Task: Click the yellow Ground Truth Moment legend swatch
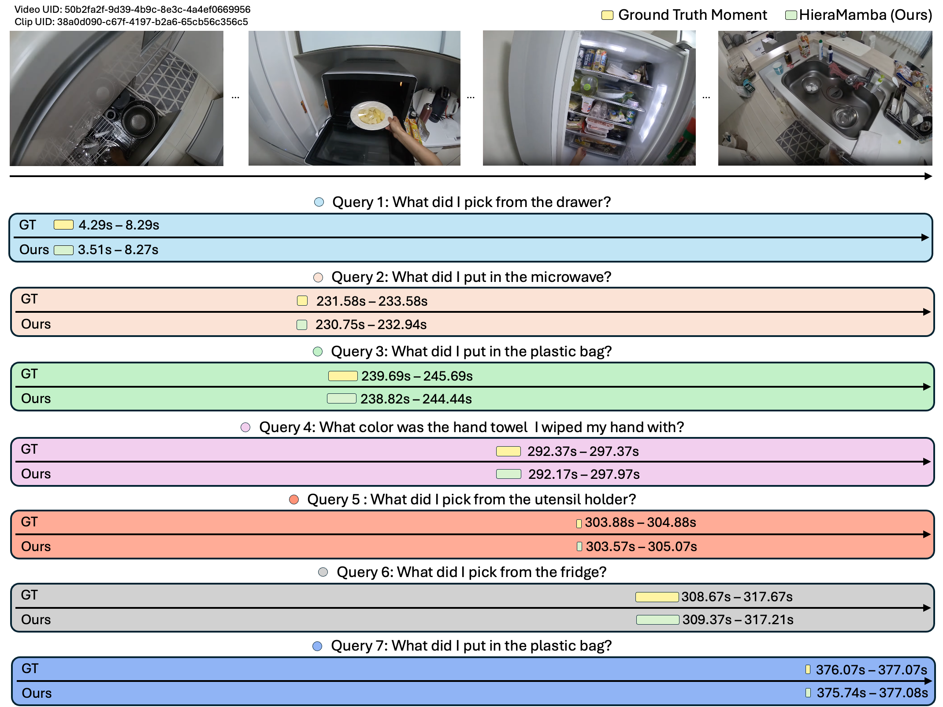point(607,15)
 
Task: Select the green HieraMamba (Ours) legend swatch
point(791,15)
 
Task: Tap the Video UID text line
point(132,9)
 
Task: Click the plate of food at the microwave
point(371,115)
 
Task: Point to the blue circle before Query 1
point(319,202)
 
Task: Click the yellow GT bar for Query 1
point(63,225)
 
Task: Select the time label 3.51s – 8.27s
point(118,250)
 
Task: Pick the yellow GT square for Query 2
point(302,301)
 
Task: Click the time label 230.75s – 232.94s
point(371,325)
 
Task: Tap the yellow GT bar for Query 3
point(343,376)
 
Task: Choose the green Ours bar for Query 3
point(342,399)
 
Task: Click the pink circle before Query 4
point(245,427)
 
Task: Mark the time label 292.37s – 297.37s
point(583,452)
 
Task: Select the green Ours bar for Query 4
point(509,474)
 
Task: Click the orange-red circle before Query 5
point(294,500)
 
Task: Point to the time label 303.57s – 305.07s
point(641,547)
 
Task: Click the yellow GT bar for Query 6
point(657,597)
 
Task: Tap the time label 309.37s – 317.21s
point(738,620)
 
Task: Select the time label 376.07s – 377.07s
point(871,670)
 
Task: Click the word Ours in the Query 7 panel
point(37,693)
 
